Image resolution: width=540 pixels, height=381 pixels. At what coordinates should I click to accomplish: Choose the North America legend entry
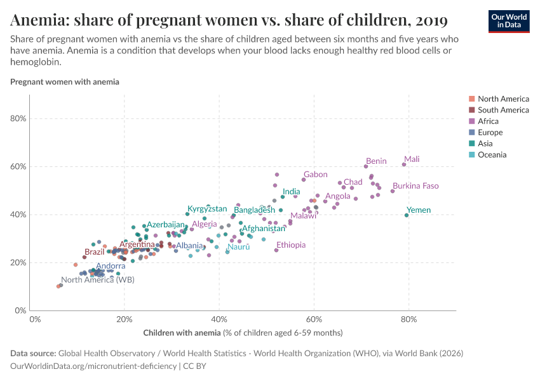coord(503,98)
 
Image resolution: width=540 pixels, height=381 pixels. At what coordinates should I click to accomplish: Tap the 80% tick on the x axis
coord(408,319)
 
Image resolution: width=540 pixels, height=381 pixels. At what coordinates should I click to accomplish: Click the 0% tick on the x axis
coord(35,319)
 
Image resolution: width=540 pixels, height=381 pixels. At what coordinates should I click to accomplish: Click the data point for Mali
coord(404,164)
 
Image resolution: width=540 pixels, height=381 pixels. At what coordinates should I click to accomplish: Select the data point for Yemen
coord(407,215)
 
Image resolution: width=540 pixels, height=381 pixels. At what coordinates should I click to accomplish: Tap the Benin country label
coord(376,161)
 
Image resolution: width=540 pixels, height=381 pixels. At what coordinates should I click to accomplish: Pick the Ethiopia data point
coord(276,250)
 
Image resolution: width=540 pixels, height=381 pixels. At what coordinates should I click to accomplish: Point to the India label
coord(292,192)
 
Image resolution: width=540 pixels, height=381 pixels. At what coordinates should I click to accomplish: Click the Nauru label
coord(239,246)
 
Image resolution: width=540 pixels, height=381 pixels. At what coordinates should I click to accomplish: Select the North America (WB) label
coord(97,280)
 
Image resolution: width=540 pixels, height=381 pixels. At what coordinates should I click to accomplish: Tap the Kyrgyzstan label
coord(207,209)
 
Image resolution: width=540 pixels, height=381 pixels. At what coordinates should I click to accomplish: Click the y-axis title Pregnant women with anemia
coord(65,82)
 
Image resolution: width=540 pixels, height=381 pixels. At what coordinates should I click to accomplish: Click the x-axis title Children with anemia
coord(182,333)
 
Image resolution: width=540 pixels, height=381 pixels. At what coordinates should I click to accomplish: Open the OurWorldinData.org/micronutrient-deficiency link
coord(93,366)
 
